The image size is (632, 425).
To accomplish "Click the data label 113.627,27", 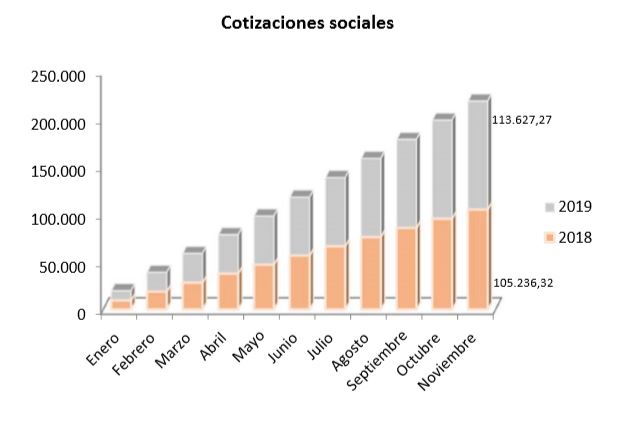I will (x=523, y=120).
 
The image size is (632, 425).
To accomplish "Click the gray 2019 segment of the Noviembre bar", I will (x=477, y=155).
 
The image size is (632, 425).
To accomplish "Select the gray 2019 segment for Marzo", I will (x=193, y=267).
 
